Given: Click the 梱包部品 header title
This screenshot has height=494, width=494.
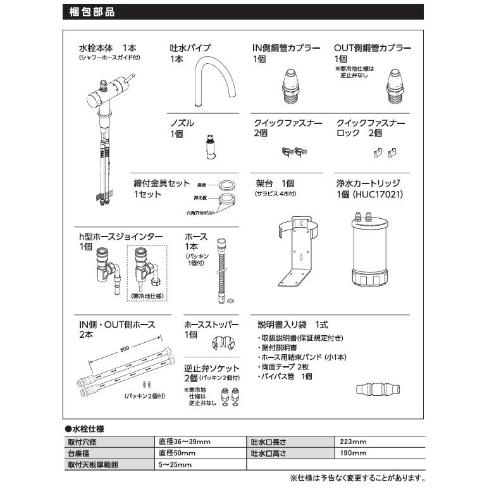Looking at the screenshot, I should (x=91, y=11).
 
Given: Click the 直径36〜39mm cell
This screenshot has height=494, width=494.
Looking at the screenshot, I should (x=184, y=442).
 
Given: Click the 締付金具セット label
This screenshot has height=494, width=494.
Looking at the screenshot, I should (x=161, y=183).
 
